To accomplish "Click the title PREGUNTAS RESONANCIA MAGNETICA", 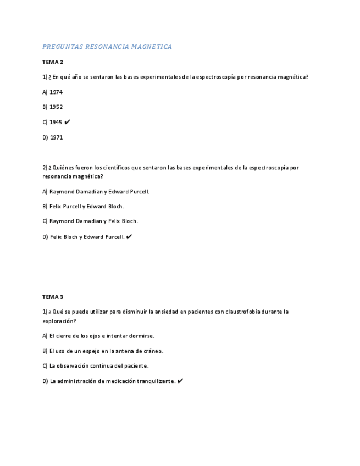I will click(107, 47).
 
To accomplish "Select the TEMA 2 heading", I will click(53, 62).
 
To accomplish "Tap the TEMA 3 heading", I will click(53, 297).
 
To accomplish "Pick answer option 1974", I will click(56, 92).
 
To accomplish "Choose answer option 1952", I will click(56, 107).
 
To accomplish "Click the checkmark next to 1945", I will click(68, 122).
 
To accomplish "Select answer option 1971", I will click(56, 137).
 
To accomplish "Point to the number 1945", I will click(56, 122).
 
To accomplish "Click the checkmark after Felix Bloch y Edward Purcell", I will click(129, 237).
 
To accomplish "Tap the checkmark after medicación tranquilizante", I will click(180, 381).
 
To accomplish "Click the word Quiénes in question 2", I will click(64, 167).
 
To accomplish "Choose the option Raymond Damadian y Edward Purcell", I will click(96, 192).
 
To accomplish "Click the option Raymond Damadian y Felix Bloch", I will click(90, 221).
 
